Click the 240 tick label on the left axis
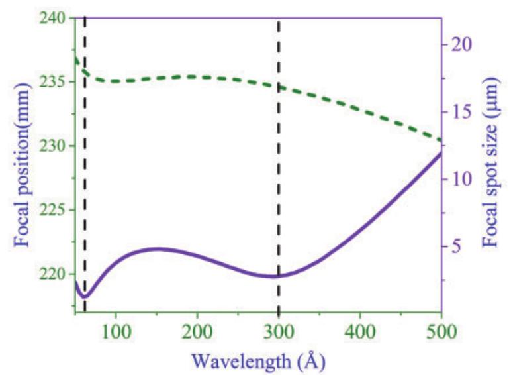point(56,18)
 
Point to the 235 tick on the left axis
point(56,82)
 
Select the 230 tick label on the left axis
point(56,146)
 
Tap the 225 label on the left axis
point(56,210)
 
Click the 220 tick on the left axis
point(56,274)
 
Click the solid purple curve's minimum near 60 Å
point(85,297)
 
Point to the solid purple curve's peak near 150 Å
point(158,249)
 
